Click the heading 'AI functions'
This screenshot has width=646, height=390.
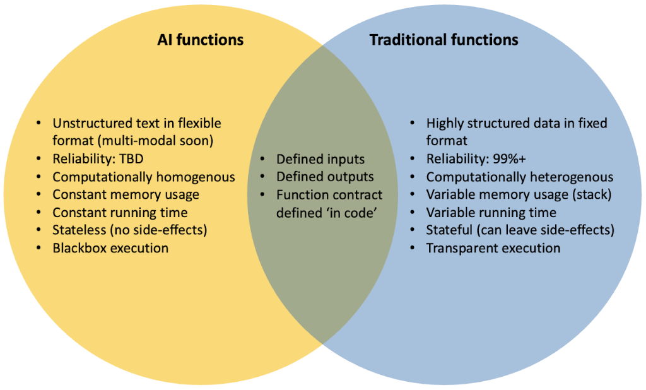point(200,40)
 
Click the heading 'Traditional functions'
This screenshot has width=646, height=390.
point(443,40)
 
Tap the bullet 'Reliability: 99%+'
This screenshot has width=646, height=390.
point(476,158)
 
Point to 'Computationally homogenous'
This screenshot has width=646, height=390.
point(144,177)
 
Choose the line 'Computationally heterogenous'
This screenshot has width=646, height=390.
point(519,177)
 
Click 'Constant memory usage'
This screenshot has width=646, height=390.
point(126,194)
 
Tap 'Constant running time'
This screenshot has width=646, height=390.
point(120,212)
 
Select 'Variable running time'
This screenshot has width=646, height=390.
point(491,212)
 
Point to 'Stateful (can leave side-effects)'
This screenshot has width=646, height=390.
point(520,230)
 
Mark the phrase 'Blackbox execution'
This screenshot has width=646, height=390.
point(110,248)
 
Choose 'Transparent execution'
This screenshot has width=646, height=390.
point(493,248)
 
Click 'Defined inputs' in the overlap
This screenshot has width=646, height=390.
point(320,159)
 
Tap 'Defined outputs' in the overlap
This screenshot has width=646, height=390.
point(325,177)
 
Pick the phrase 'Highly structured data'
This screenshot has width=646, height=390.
point(491,123)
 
